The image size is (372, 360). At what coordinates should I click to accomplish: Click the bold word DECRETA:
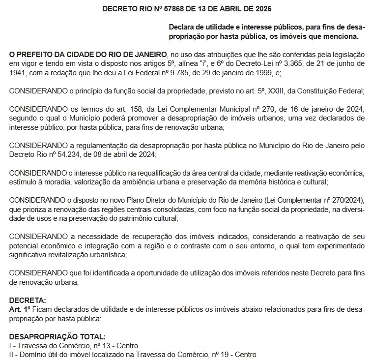(28, 300)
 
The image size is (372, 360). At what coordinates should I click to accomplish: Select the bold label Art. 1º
(20, 309)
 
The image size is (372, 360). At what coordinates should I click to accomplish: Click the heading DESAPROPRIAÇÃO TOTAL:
(57, 336)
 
